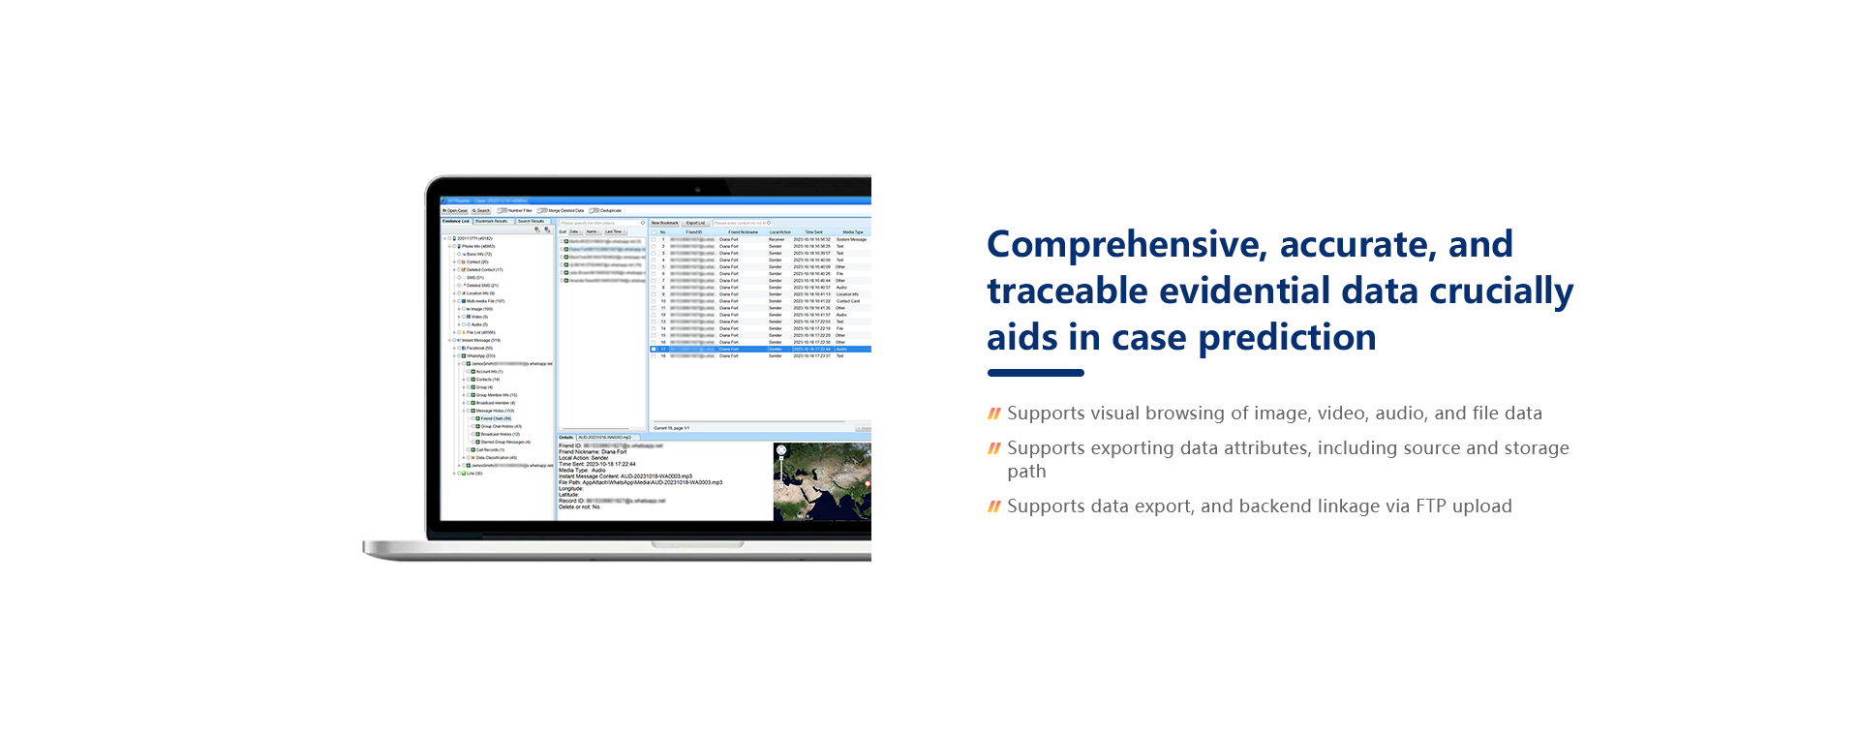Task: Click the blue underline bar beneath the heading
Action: [1035, 373]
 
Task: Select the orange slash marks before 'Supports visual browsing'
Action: [993, 414]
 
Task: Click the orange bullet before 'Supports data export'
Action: [993, 506]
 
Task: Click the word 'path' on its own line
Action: [1026, 472]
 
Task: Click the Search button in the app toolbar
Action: [481, 210]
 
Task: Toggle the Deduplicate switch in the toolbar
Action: [594, 210]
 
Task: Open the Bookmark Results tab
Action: [492, 221]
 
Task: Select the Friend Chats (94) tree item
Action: [496, 418]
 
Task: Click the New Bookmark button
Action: [664, 223]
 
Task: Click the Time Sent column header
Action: [813, 232]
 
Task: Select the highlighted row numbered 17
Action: [755, 349]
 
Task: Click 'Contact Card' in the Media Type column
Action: [847, 301]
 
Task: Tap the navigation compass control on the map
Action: [781, 450]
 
